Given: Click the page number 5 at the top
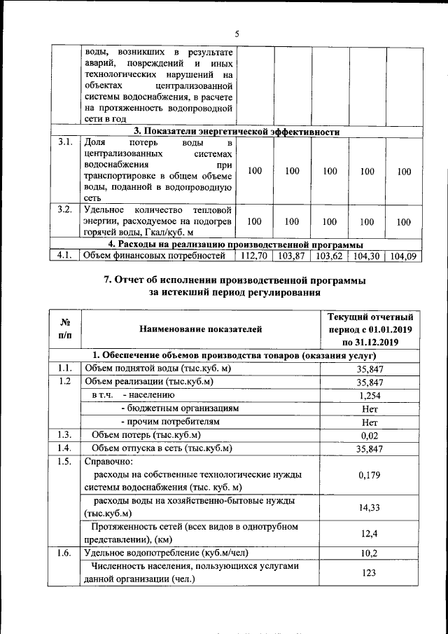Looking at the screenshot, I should click(x=237, y=34).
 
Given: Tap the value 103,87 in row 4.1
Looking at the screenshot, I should click(x=293, y=256).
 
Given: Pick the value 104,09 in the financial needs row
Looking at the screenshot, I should click(x=404, y=256).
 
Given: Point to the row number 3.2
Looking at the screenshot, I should click(x=65, y=209).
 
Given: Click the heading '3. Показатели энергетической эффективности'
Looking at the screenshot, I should click(x=237, y=131).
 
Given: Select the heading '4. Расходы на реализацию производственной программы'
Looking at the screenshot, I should click(x=237, y=244).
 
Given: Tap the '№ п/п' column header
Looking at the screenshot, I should click(x=65, y=328).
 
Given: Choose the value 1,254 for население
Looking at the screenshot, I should click(x=370, y=395).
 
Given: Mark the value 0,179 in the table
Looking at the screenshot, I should click(x=370, y=475).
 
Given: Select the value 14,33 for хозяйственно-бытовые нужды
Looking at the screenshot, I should click(x=370, y=507).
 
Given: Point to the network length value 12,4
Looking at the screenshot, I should click(x=370, y=533).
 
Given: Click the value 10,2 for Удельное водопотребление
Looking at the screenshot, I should click(x=370, y=553).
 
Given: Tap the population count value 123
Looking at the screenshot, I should click(x=370, y=573).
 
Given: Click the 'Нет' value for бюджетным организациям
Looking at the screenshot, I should click(x=370, y=408).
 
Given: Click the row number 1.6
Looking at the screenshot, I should click(x=65, y=553).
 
